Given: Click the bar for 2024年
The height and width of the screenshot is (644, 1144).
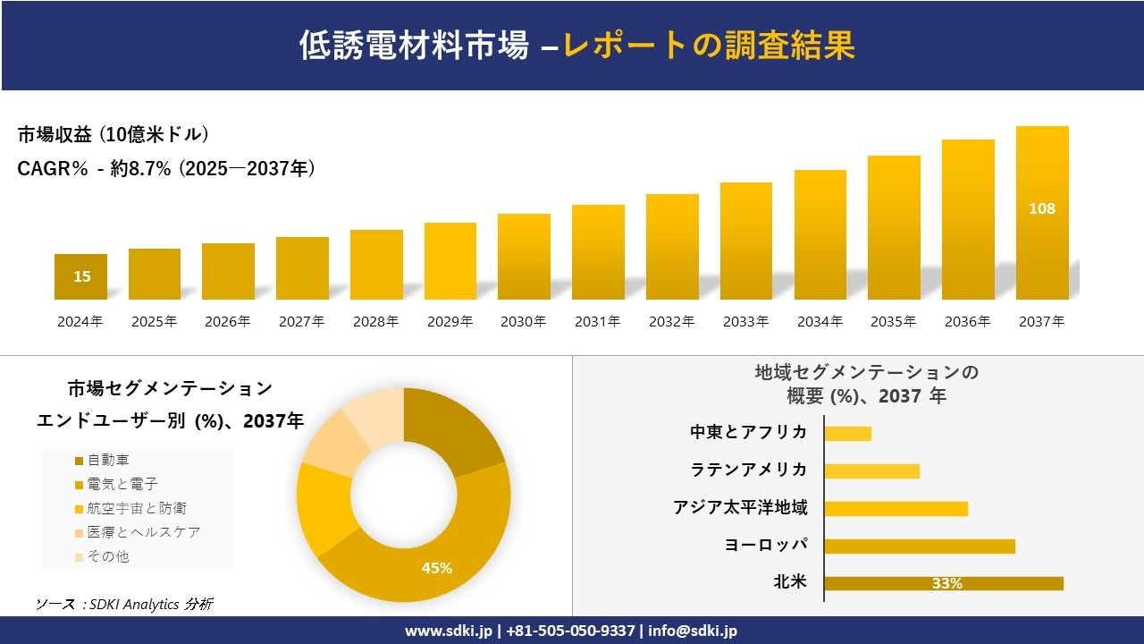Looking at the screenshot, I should coord(80,277).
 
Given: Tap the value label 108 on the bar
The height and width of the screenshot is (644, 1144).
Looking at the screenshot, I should coord(1042,208).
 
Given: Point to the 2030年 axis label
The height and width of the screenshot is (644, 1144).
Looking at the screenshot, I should coord(523,322).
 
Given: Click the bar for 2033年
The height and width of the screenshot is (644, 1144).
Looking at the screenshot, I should coord(746,241).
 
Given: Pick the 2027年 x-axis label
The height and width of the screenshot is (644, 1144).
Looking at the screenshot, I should coord(301,322).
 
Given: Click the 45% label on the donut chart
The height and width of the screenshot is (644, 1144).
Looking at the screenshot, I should coord(437,568).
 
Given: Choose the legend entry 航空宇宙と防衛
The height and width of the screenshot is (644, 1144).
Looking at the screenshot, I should coord(130,508).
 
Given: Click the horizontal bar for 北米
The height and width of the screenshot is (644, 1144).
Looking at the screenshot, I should coord(943,583).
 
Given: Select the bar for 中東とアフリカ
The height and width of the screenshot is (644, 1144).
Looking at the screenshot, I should coord(847,433).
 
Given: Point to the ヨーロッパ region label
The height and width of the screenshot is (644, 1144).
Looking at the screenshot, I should coord(766,545).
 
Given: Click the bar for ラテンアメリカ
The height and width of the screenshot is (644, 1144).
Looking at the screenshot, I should coord(871,470).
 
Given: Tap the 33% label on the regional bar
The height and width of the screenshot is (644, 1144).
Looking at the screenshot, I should coord(946,583).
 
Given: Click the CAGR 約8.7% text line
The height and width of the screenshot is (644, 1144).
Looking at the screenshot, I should coord(166,169).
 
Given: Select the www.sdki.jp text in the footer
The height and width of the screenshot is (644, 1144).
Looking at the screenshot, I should coord(450,631).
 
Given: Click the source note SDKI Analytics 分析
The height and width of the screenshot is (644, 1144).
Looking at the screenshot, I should coord(125,605).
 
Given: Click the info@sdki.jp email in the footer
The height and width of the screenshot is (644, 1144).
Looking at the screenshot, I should coord(693,631).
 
